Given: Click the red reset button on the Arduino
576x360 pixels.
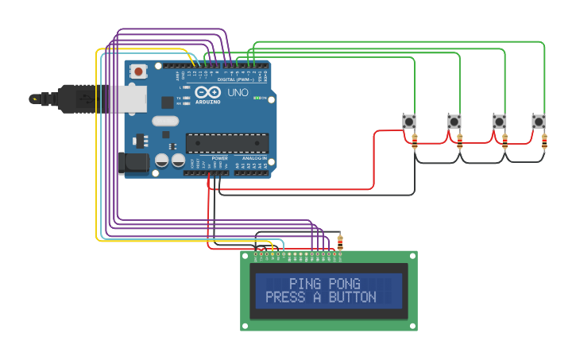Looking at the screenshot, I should click(139, 72).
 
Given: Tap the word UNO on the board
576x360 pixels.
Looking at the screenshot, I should click(238, 93).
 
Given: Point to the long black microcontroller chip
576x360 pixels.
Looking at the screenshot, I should click(226, 143).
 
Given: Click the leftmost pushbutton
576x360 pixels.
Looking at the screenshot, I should click(409, 122).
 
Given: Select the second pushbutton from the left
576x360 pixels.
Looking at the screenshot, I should click(454, 122).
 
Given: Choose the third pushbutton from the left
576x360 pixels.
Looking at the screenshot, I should click(499, 122).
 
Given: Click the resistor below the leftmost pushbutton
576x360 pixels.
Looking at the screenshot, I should click(415, 141).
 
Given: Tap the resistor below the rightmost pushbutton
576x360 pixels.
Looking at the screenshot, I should click(544, 141).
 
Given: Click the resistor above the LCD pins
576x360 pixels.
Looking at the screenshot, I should click(340, 242).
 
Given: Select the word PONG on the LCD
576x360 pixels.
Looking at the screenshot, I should click(344, 284).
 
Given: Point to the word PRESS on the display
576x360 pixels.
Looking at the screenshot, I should click(284, 297).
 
